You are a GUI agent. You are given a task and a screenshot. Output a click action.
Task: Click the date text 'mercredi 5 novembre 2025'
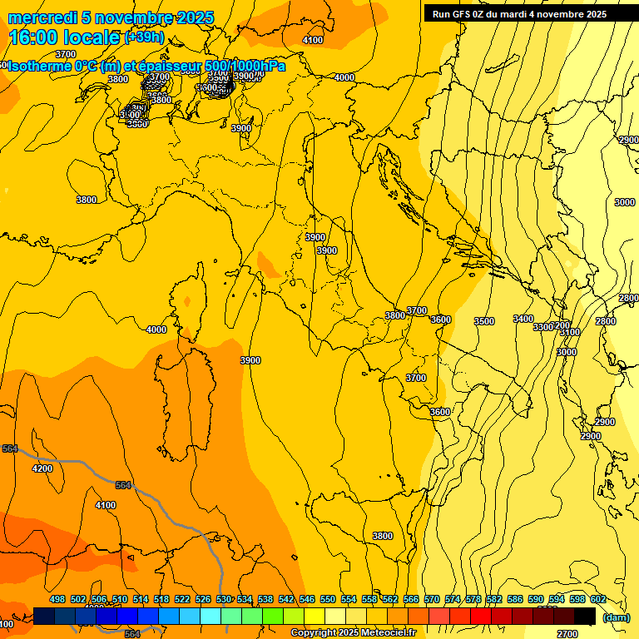[x=111, y=17]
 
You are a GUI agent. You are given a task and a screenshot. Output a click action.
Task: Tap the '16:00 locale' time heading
[x=64, y=37]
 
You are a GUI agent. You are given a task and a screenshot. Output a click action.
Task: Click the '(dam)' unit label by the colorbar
[x=616, y=617]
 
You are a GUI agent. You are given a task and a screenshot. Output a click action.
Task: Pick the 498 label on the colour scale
[x=57, y=599]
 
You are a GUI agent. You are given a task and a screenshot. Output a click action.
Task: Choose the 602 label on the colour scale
[x=598, y=599]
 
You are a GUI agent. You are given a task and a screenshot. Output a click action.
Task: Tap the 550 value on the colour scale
[x=328, y=599]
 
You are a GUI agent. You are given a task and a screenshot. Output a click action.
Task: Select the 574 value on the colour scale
[x=453, y=599]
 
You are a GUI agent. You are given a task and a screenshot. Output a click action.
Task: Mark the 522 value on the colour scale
[x=182, y=599]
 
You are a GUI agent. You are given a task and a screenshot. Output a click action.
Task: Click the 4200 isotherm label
[x=42, y=468]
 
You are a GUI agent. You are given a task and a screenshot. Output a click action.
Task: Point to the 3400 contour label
[x=523, y=319]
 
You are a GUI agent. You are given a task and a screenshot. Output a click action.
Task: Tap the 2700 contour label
[x=567, y=634]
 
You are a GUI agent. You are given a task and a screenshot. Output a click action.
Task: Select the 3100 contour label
[x=570, y=332]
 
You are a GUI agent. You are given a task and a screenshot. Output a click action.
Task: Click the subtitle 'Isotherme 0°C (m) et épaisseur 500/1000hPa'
[x=146, y=66]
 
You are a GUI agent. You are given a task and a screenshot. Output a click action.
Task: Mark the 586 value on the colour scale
[x=515, y=599]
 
